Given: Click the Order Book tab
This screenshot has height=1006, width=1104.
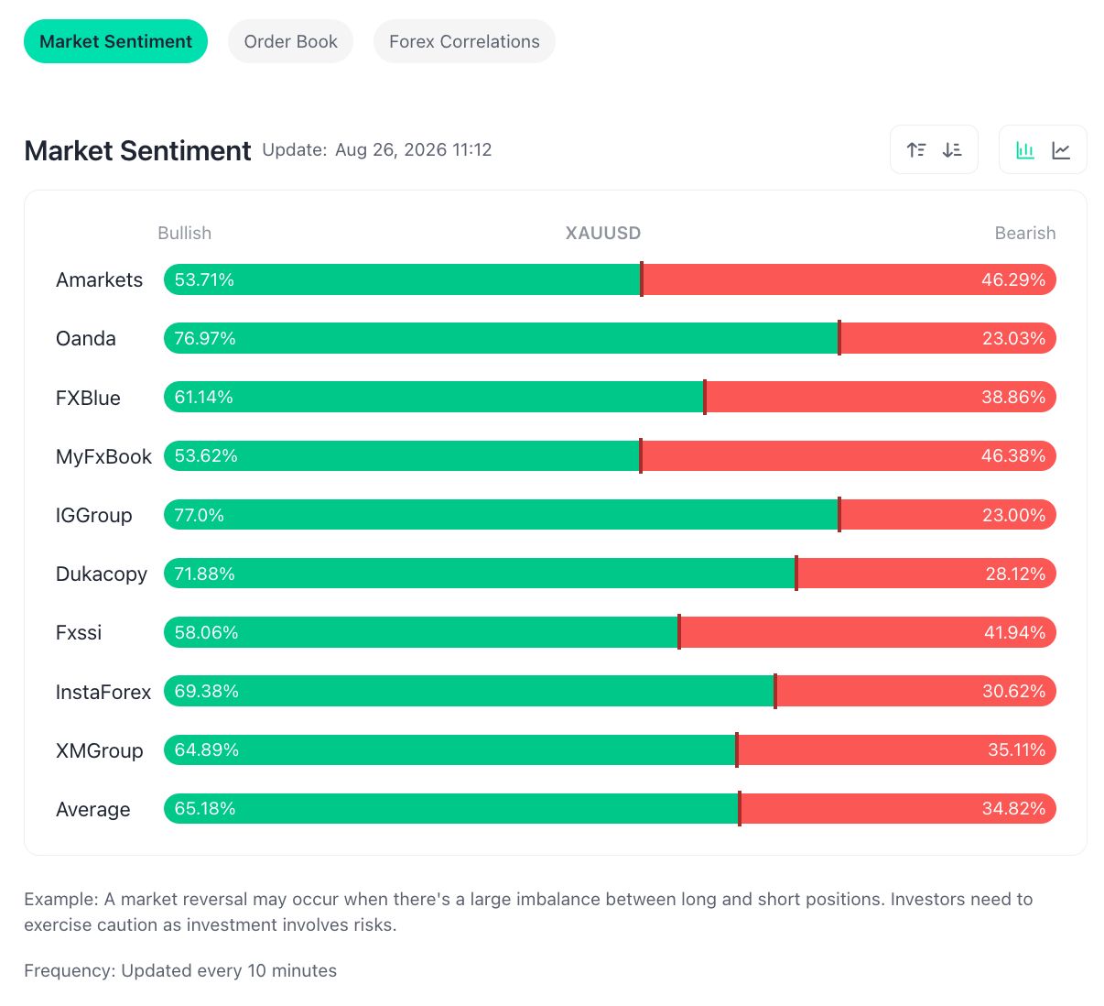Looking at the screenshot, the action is [290, 41].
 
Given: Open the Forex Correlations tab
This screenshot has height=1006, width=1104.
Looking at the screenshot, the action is [464, 41].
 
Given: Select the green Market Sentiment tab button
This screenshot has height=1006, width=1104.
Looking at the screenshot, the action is [115, 41].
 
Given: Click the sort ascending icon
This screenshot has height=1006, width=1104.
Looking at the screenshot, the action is [915, 150].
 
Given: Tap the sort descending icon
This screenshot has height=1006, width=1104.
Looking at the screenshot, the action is [951, 150].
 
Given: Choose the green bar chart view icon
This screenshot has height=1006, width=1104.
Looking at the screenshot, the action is [1024, 150].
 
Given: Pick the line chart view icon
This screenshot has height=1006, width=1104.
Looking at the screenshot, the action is [1061, 150].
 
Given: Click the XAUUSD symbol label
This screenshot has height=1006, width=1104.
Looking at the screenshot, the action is [602, 233].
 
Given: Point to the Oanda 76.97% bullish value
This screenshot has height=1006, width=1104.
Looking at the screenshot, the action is [205, 338].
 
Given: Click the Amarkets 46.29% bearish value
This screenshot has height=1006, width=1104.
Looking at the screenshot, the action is [1012, 279].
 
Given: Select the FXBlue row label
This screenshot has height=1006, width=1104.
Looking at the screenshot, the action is [88, 398].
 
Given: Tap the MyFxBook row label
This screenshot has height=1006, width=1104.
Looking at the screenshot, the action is [103, 456].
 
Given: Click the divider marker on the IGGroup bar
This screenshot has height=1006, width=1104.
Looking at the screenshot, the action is [839, 515].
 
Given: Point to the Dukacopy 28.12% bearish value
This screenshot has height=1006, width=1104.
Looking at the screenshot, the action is [1015, 574].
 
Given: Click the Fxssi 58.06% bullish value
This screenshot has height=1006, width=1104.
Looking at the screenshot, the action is [206, 632].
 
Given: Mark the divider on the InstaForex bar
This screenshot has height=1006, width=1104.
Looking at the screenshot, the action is [774, 691].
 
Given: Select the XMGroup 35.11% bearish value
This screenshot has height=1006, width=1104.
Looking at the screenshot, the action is [1016, 749].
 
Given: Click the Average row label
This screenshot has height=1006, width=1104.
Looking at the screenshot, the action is [93, 809].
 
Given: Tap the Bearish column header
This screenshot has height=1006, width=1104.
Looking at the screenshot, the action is [1024, 233].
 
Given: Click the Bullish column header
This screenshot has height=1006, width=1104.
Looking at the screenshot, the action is [184, 233].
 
